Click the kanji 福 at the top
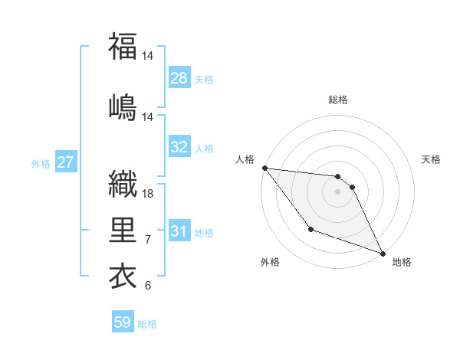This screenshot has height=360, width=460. pos(123,47)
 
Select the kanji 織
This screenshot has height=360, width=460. pos(123,183)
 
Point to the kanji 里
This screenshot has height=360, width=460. pos(123,229)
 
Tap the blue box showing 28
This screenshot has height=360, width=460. pos(179,78)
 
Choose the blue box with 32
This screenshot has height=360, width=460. pos(179,147)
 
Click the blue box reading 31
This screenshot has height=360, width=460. pos(179,231)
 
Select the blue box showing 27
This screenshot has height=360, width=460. pos(66,162)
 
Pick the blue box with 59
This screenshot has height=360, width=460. pos(123,322)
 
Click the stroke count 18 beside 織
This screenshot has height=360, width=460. pos(149,194)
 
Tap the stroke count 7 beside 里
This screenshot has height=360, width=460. pos(148,240)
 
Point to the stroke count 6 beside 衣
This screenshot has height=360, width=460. pos(148,286)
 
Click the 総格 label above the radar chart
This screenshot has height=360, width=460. pos(338,100)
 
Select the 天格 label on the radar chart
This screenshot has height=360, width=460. pos(431,159)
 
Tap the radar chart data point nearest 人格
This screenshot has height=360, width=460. pos(264,168)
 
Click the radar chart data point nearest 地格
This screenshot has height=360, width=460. pos(383,254)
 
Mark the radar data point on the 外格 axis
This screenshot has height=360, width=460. pos(310,229)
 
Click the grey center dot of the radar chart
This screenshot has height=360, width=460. pos(338,191)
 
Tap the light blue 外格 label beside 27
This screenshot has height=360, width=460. pos(41,163)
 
